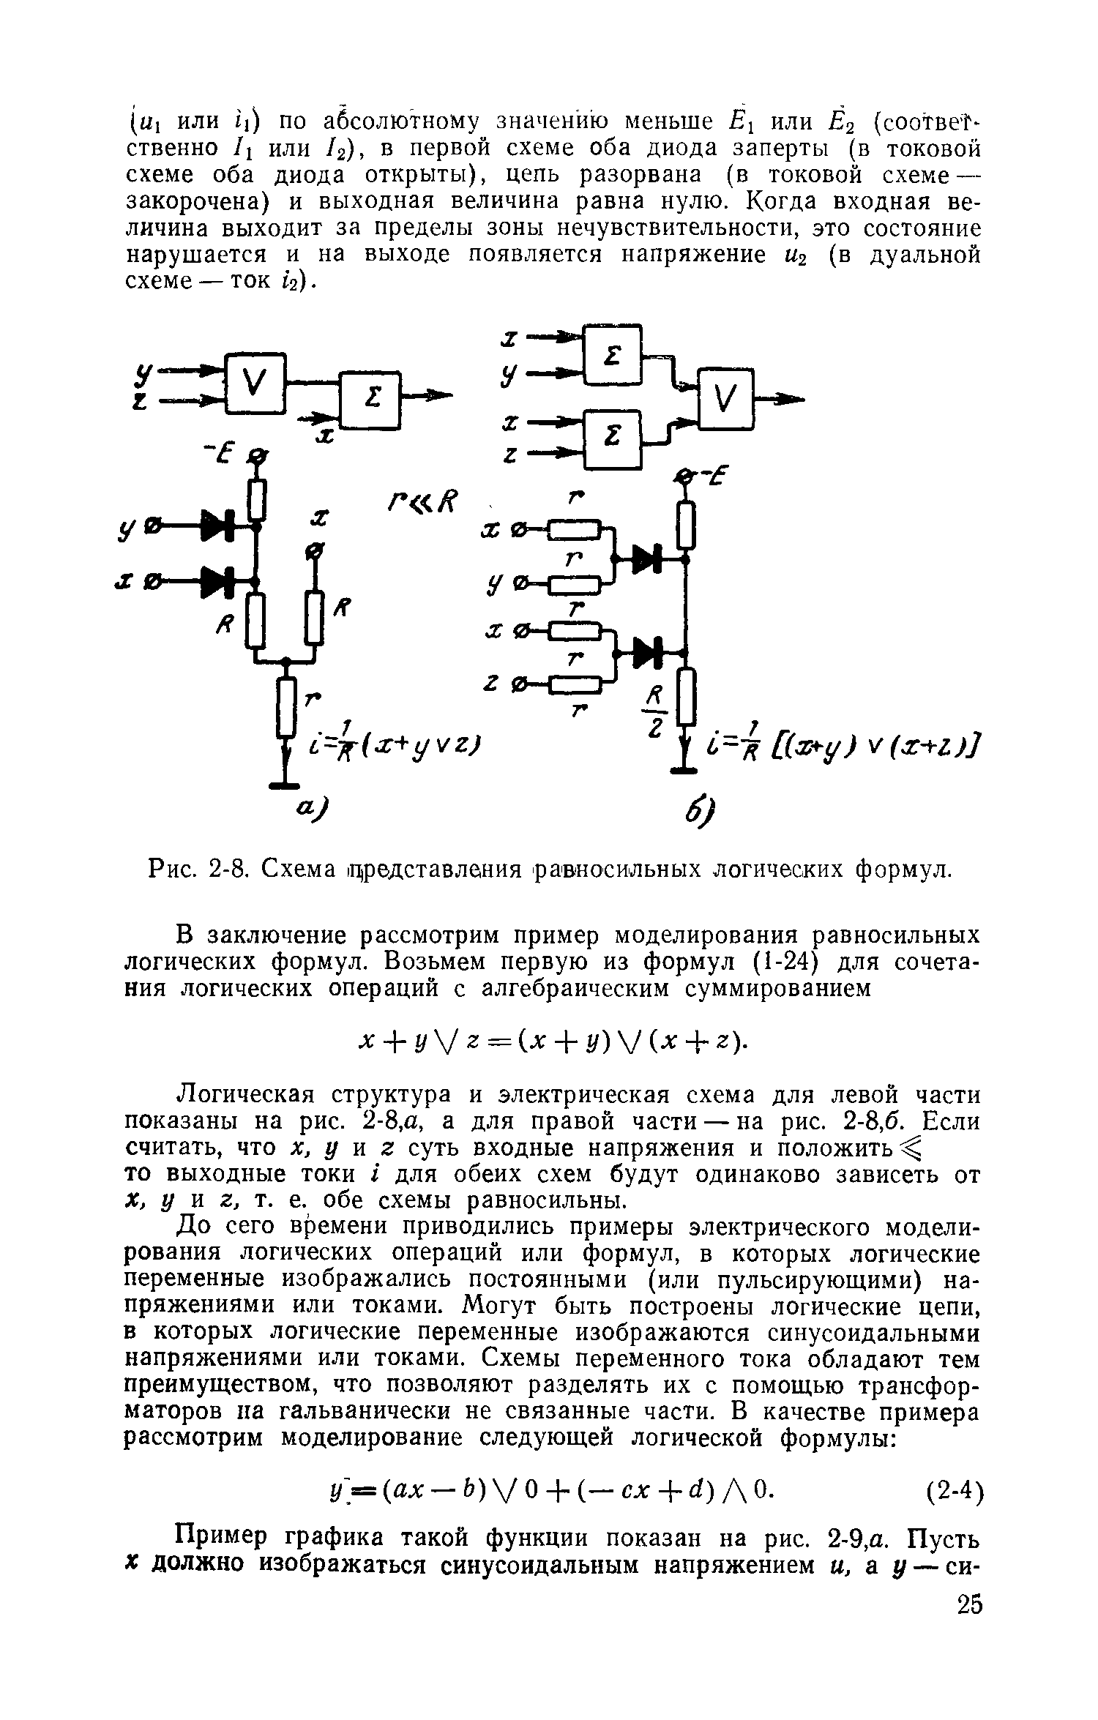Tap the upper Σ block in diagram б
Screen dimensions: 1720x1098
613,355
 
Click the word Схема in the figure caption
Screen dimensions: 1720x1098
294,870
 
